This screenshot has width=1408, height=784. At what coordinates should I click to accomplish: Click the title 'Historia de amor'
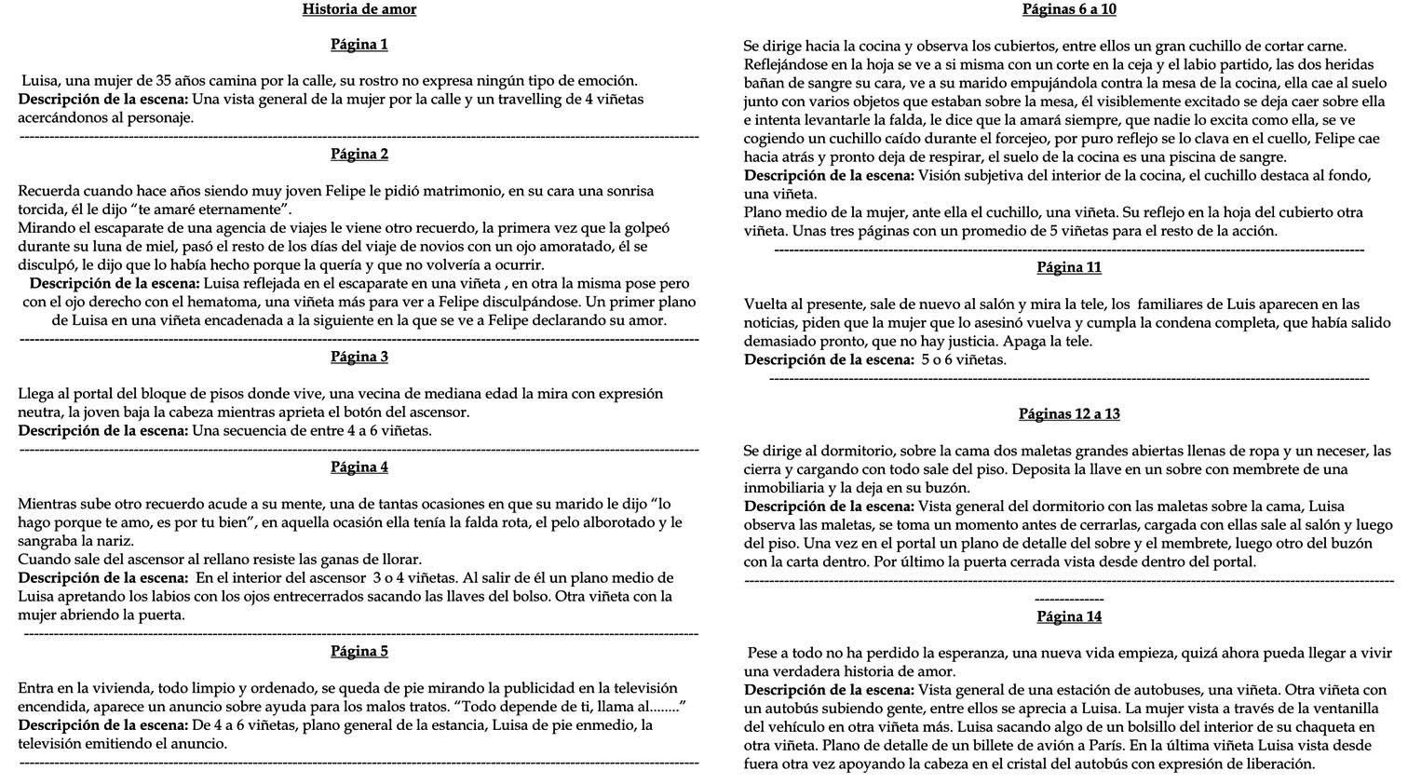[x=359, y=9]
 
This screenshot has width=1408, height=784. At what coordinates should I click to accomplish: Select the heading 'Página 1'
[x=359, y=45]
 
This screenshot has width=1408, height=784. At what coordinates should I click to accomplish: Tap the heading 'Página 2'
[x=359, y=155]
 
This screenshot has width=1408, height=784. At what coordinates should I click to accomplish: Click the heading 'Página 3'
[x=359, y=357]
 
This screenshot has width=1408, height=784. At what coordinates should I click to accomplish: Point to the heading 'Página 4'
[x=359, y=466]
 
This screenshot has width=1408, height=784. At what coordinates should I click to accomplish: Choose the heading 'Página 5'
[x=359, y=651]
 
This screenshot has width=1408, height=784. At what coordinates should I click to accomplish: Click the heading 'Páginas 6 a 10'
[x=1069, y=9]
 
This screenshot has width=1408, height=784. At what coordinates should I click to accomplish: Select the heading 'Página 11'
[x=1069, y=267]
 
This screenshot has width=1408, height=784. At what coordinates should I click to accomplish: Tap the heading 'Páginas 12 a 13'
[x=1069, y=414]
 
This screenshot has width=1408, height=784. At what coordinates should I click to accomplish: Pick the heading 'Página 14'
[x=1069, y=616]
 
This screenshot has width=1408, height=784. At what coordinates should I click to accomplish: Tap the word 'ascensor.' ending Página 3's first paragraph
[x=437, y=412]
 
